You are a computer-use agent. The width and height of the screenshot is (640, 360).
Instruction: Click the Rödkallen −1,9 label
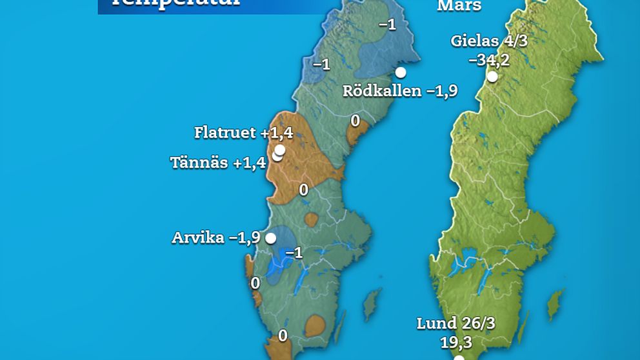(399, 91)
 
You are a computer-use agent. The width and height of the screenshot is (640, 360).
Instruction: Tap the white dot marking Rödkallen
(401, 72)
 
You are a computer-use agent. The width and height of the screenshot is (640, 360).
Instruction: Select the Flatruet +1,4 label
(243, 133)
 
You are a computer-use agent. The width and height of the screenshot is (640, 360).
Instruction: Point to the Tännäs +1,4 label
(217, 163)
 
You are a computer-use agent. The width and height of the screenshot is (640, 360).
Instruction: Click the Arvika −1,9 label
(215, 237)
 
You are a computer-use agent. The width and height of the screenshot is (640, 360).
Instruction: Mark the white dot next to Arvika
(271, 238)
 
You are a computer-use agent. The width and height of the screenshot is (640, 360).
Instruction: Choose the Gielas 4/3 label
(489, 42)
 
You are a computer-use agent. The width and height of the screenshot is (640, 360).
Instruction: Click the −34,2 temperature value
(489, 61)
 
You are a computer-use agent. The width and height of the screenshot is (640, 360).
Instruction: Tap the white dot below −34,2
(492, 77)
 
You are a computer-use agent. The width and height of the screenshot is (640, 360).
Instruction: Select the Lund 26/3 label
(455, 323)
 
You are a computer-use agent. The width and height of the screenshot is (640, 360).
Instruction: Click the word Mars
(459, 6)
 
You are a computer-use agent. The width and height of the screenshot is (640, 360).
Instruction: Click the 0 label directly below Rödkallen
(355, 121)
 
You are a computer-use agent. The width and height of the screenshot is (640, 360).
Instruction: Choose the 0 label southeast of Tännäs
(303, 190)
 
